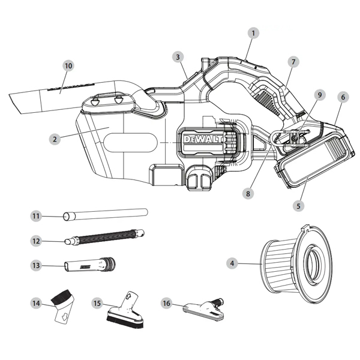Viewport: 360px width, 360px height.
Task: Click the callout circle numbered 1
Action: click(254, 34)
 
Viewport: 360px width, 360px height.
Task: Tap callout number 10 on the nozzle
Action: click(67, 65)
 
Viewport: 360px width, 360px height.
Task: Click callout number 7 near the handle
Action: click(293, 62)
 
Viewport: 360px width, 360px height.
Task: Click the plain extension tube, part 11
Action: click(105, 213)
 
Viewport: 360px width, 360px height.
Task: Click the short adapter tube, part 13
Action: click(90, 264)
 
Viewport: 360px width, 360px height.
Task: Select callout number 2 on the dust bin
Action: click(55, 139)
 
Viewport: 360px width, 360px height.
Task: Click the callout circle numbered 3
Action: click(178, 57)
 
